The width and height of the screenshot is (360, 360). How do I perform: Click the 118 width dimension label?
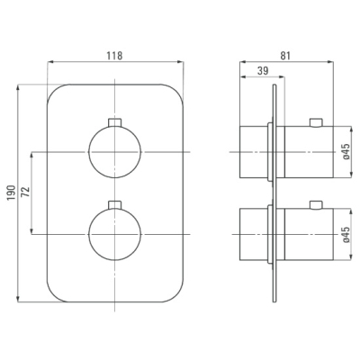pyautogui.click(x=115, y=56)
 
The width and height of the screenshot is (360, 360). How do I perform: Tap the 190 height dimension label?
pyautogui.click(x=11, y=193)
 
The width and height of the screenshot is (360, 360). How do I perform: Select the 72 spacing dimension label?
pyautogui.click(x=26, y=192)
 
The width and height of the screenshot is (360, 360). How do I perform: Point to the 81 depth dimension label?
pyautogui.click(x=285, y=56)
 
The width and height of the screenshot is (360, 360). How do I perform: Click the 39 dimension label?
pyautogui.click(x=263, y=71)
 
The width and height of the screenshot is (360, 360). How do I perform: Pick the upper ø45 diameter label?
pyautogui.click(x=346, y=151)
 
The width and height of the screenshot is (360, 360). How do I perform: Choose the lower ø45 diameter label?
pyautogui.click(x=346, y=234)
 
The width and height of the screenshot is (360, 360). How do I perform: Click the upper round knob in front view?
pyautogui.click(x=115, y=152)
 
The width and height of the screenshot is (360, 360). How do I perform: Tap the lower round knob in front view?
pyautogui.click(x=115, y=234)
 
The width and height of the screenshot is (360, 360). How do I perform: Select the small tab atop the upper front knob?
pyautogui.click(x=115, y=122)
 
